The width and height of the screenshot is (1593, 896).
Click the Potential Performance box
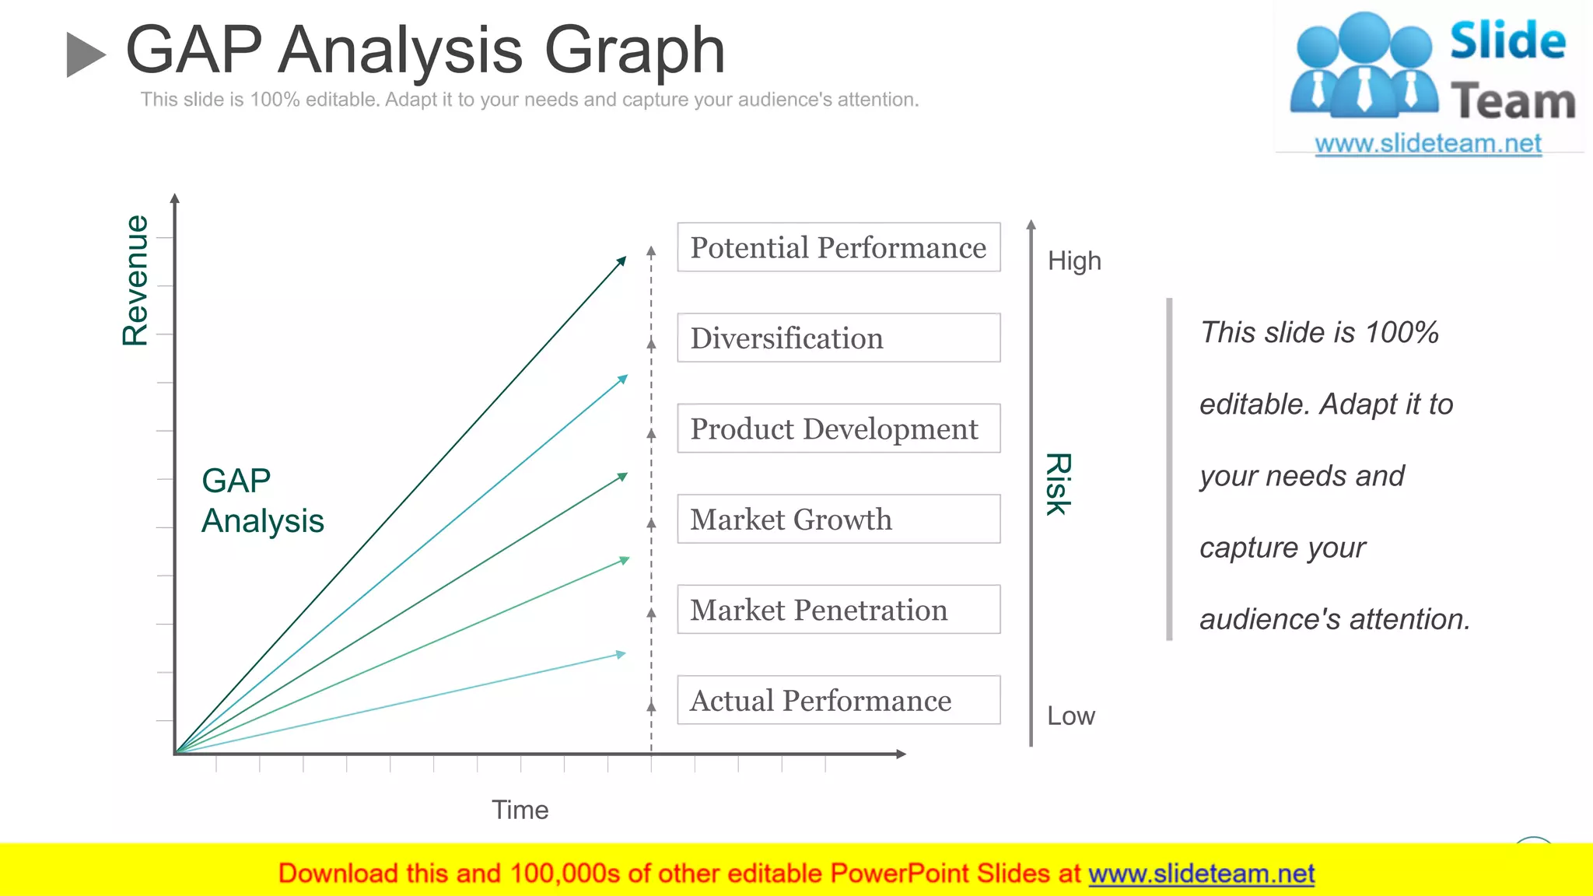(838, 247)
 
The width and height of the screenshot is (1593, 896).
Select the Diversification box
(838, 338)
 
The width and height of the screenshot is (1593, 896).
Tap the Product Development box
(838, 429)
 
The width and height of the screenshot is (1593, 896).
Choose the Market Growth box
(838, 519)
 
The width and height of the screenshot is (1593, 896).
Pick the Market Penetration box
(838, 609)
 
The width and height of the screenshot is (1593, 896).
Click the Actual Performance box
(838, 700)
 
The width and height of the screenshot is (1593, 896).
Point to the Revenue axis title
(135, 280)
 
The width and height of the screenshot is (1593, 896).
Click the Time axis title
(520, 810)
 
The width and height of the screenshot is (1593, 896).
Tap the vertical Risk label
(1058, 484)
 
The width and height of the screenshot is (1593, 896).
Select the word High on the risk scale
(1074, 261)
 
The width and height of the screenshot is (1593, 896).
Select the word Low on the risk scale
(1070, 716)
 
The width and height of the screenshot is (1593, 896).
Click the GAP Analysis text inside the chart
(261, 501)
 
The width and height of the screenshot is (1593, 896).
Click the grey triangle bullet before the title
(85, 54)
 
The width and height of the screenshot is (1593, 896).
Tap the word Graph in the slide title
(634, 51)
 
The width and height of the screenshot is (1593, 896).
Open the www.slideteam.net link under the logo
(1427, 143)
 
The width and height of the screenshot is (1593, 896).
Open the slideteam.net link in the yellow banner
(1201, 873)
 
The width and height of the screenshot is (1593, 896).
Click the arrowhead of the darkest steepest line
(621, 261)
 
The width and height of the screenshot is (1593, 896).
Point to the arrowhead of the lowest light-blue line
(621, 654)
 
